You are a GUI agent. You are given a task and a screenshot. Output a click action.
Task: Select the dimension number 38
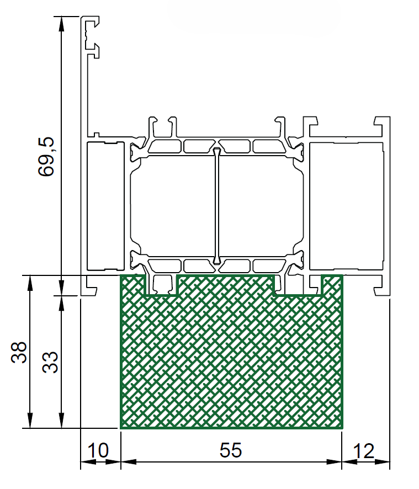click(19, 353)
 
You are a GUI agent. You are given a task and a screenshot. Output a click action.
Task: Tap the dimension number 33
click(50, 363)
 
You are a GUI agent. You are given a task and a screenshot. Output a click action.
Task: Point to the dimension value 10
click(98, 450)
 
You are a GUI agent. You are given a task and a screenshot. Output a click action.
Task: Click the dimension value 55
click(231, 450)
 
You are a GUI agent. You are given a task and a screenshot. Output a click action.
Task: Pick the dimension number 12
click(363, 451)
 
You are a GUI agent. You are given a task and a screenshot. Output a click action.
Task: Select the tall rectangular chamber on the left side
click(105, 206)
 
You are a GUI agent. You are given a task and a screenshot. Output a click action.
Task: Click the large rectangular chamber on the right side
click(346, 206)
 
